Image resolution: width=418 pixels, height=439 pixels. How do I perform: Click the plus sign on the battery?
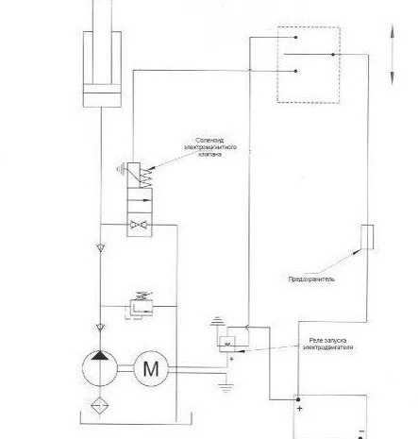click(299, 409)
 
